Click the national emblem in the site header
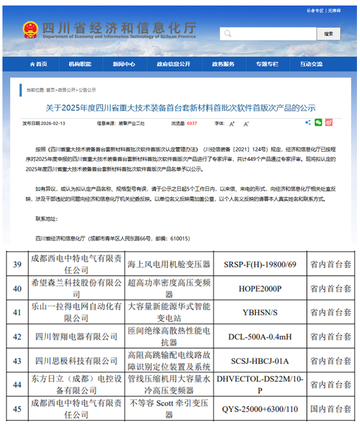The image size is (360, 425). (x=29, y=29)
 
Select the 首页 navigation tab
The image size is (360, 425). (x=38, y=64)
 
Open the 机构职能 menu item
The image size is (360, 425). (x=80, y=64)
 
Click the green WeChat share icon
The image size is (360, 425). (x=318, y=123)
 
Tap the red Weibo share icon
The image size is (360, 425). (x=329, y=123)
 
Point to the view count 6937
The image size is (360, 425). (x=192, y=123)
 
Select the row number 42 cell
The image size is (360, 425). (x=17, y=336)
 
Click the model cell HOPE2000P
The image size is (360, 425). (x=261, y=287)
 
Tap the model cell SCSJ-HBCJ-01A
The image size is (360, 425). (x=261, y=361)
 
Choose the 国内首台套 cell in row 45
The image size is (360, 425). (x=330, y=409)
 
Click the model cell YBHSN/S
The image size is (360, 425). (x=261, y=312)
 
